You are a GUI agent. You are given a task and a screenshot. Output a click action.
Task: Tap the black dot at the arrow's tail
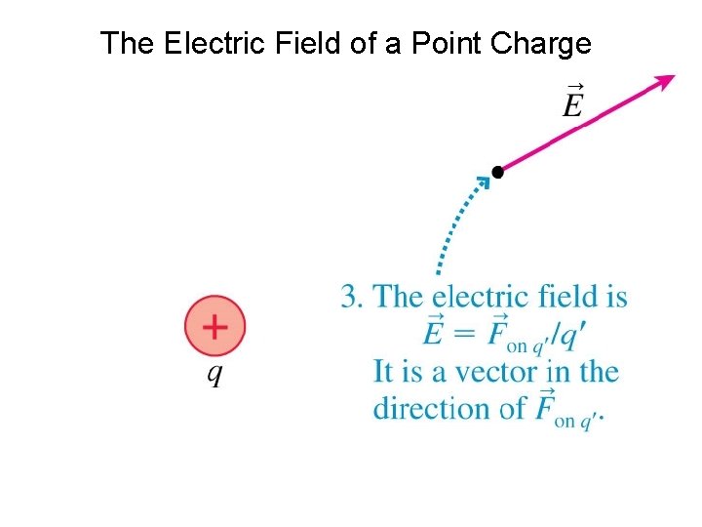point(497,172)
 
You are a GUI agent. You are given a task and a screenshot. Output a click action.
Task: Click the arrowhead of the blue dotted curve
point(481,182)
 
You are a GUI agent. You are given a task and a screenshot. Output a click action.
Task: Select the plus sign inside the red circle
point(214,326)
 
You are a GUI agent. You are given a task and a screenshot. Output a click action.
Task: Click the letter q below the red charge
point(214,375)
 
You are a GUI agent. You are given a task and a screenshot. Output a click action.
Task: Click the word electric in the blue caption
point(478,297)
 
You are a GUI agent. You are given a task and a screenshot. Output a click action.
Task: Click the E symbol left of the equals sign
point(434,334)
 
